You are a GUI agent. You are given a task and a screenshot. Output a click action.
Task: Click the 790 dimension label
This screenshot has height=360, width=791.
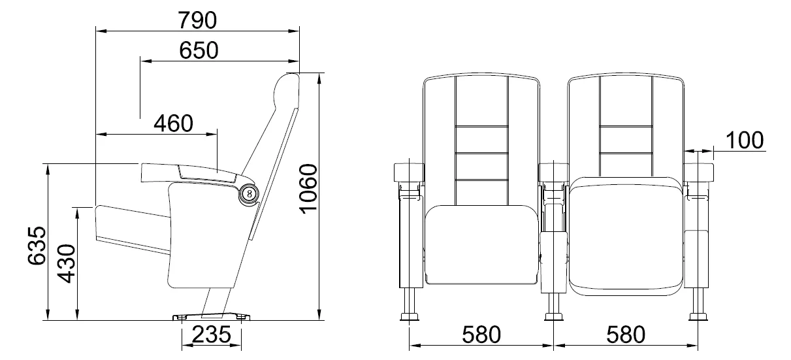[197, 20]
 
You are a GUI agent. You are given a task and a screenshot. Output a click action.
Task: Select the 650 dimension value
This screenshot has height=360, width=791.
[199, 50]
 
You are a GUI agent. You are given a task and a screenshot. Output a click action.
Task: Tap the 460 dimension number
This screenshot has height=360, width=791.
[173, 123]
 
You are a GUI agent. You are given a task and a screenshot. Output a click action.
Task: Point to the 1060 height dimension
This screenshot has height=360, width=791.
[308, 189]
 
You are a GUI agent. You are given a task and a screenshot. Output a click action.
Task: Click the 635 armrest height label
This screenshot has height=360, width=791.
[37, 246]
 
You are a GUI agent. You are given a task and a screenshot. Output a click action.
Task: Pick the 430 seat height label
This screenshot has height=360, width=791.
[67, 263]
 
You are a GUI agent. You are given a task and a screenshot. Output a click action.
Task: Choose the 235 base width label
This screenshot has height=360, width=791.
[212, 335]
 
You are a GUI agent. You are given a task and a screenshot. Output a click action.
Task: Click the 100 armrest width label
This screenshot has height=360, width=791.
[745, 140]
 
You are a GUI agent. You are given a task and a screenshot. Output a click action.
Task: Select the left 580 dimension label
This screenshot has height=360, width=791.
[481, 335]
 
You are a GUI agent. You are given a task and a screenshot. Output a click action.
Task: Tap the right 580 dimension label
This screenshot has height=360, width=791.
[626, 335]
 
